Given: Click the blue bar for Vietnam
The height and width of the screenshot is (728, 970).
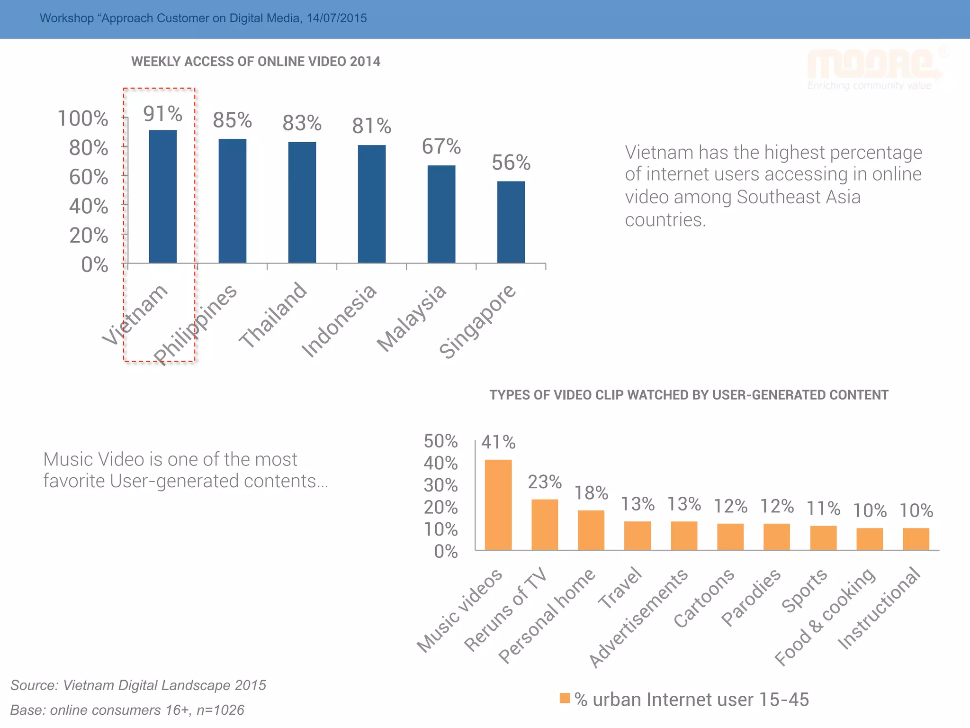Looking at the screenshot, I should pyautogui.click(x=162, y=196).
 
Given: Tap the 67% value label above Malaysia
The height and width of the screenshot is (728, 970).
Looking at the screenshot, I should pyautogui.click(x=441, y=146).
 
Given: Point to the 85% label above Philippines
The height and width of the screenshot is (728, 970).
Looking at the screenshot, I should pyautogui.click(x=232, y=120).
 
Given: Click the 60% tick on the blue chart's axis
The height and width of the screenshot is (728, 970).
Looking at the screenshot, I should pyautogui.click(x=89, y=177).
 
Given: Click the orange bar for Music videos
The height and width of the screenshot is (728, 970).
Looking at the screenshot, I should pyautogui.click(x=498, y=504).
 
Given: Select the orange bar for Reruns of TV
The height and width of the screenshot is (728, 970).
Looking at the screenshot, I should pyautogui.click(x=544, y=524).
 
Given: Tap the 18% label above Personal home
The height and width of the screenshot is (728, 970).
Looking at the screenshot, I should pyautogui.click(x=591, y=493).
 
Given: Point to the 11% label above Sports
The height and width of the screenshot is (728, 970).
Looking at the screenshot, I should pyautogui.click(x=823, y=509).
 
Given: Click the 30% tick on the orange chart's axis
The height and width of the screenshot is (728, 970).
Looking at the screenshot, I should pyautogui.click(x=440, y=485).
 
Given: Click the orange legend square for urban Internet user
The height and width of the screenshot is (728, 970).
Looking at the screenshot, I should pyautogui.click(x=565, y=698).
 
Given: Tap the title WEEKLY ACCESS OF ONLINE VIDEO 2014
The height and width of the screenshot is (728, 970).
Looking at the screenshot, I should pyautogui.click(x=255, y=62).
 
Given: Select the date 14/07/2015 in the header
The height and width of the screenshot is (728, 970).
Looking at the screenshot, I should pyautogui.click(x=336, y=18).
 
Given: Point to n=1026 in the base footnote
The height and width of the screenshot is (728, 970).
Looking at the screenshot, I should pyautogui.click(x=220, y=710).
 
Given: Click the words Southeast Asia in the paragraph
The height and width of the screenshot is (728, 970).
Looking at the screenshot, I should pyautogui.click(x=798, y=197).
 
